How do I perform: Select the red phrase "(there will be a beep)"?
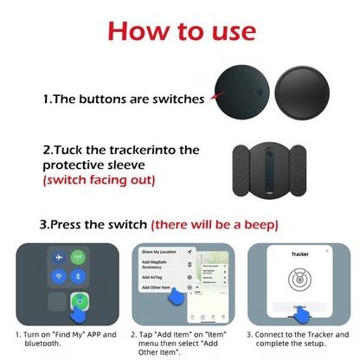(212, 224)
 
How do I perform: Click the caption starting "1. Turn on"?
(61, 338)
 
